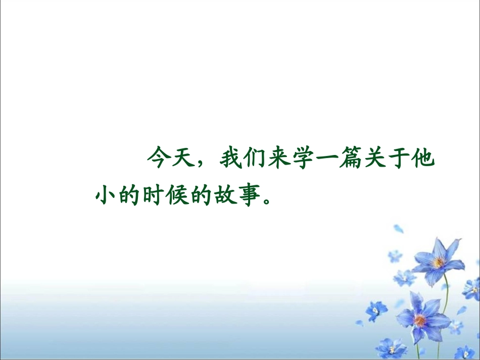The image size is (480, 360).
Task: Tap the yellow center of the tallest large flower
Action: tap(439, 262)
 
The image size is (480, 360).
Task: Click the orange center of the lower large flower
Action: tap(419, 319)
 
